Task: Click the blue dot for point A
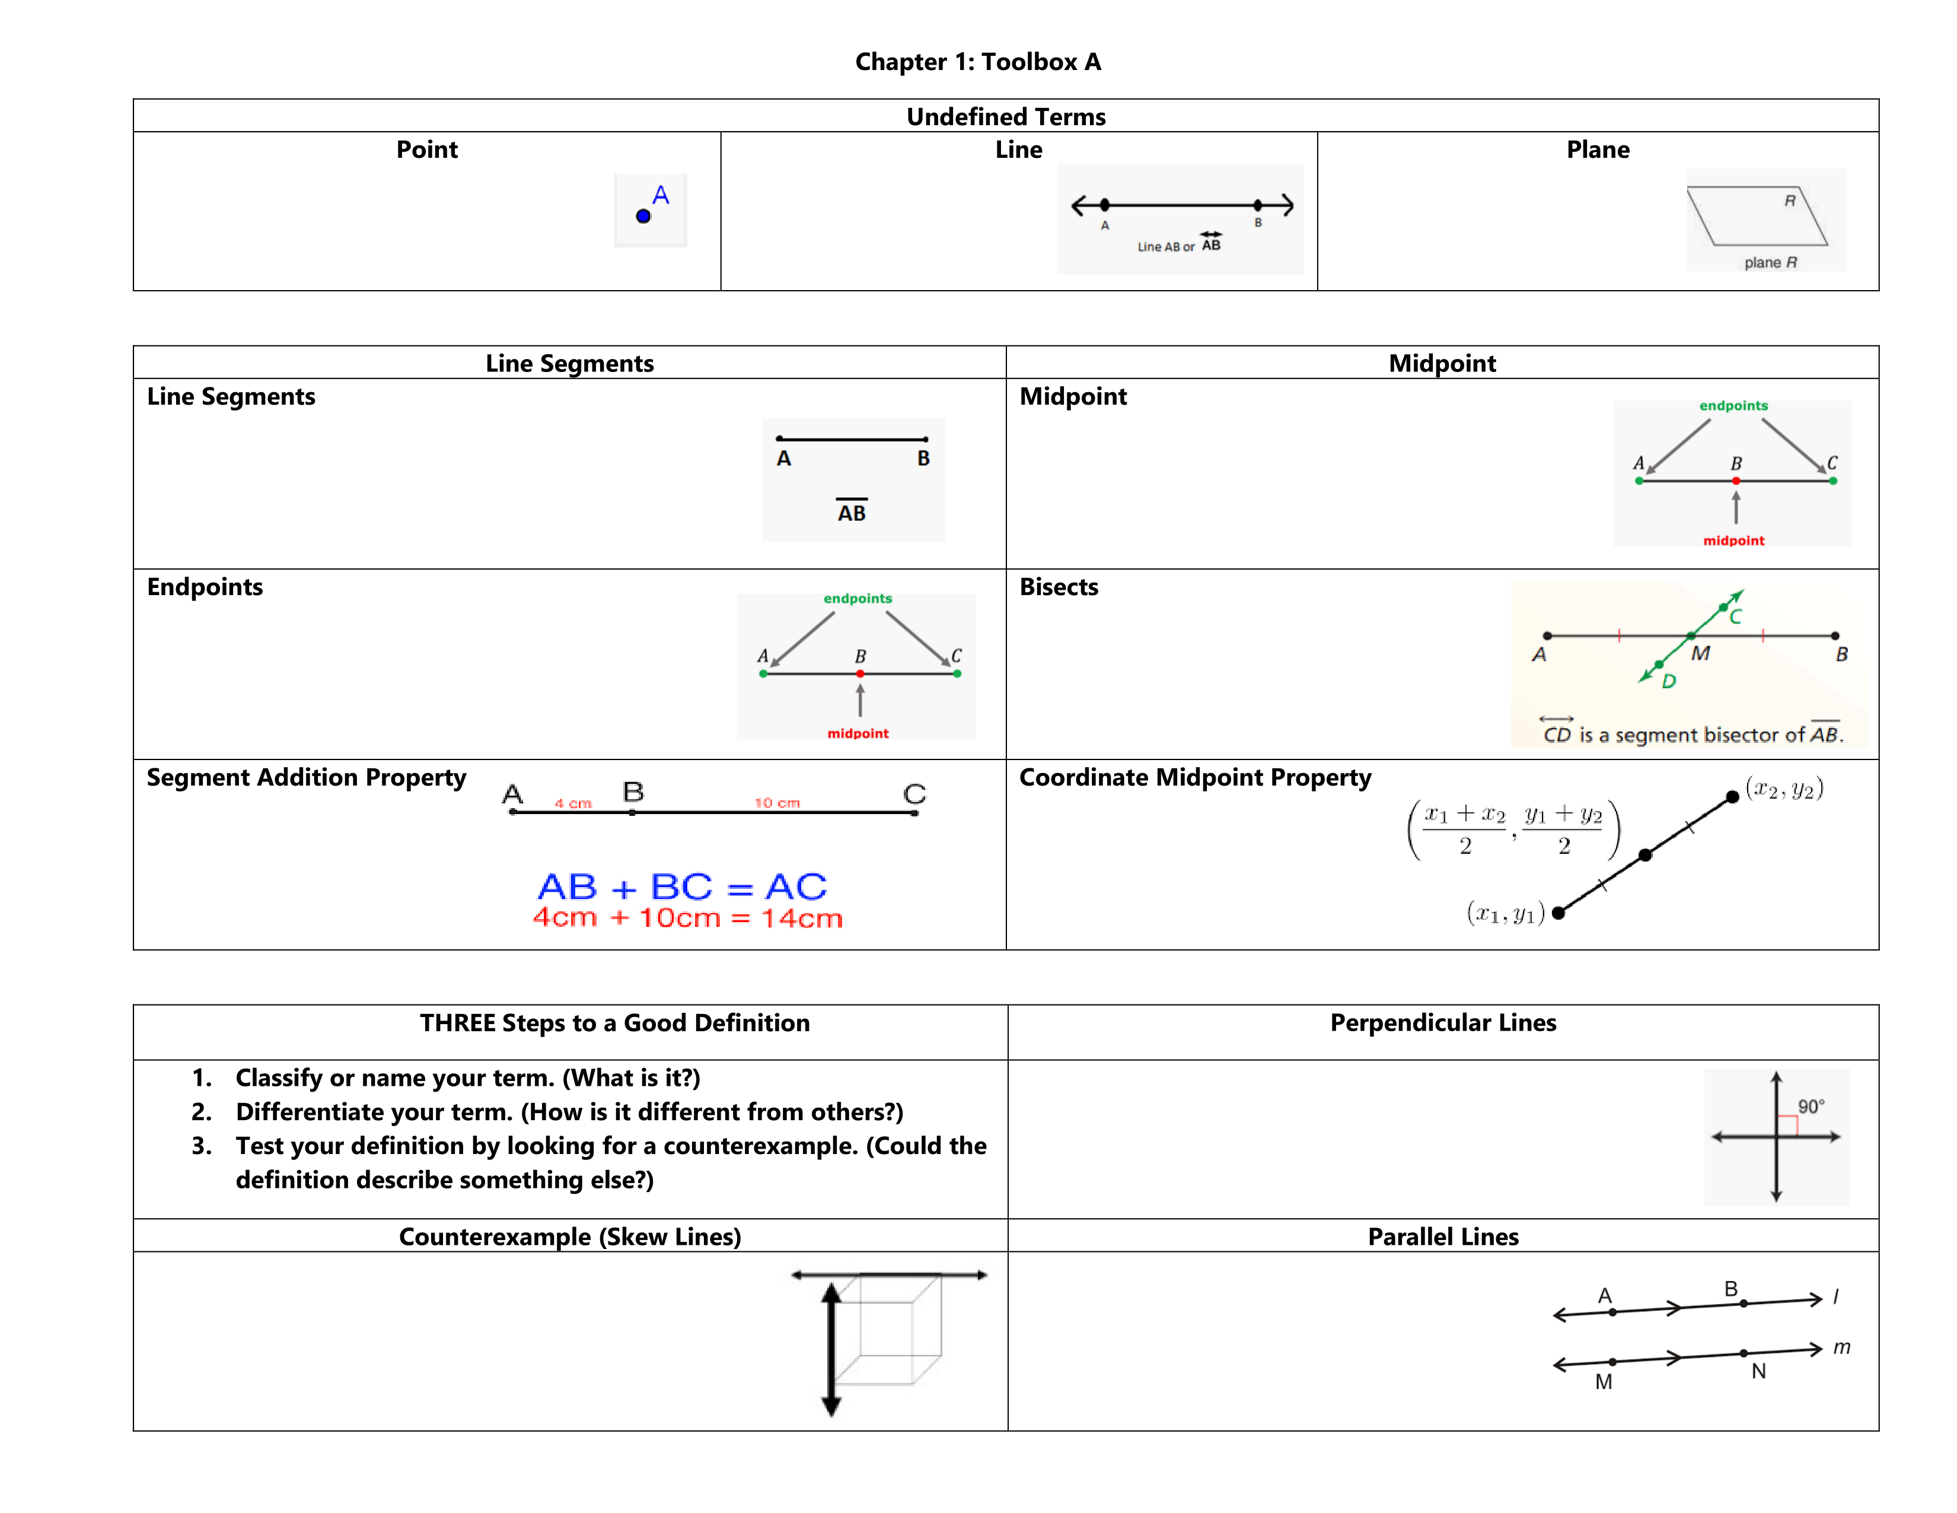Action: (642, 216)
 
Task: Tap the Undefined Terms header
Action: (1005, 116)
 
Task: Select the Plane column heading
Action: (1597, 150)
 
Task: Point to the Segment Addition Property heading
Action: (307, 777)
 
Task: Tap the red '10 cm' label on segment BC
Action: (776, 802)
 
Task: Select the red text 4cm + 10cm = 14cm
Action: (687, 918)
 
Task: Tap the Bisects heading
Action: (1058, 587)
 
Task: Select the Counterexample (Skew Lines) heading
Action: (570, 1237)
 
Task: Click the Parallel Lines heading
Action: (1443, 1237)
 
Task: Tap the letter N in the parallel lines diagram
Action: (1758, 1371)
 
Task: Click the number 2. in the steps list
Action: (202, 1111)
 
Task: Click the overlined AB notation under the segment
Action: (851, 512)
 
